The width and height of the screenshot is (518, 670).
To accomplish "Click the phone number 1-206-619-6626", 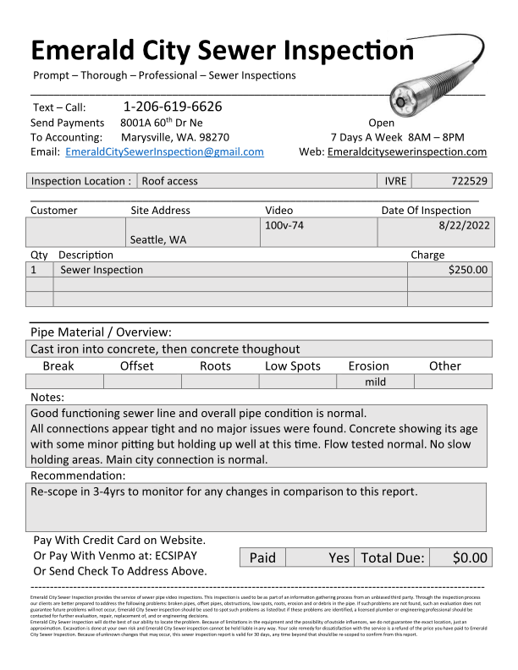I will click(173, 107).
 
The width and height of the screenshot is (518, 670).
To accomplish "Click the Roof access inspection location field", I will click(169, 181).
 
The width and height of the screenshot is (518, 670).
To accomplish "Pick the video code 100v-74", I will click(284, 226).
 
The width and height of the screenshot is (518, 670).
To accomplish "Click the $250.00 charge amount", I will click(468, 270).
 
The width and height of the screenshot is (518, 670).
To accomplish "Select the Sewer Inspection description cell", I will click(102, 270).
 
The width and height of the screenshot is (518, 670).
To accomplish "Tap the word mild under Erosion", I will click(375, 382).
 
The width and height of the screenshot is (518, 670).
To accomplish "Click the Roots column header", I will click(215, 366).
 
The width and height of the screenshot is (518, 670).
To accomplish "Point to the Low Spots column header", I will click(293, 366).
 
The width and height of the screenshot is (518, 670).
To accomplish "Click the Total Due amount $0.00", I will click(471, 557).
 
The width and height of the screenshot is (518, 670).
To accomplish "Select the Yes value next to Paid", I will click(339, 557).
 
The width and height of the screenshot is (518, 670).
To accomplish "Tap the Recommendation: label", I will click(78, 475).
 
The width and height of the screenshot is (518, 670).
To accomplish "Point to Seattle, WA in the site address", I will click(158, 240).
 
